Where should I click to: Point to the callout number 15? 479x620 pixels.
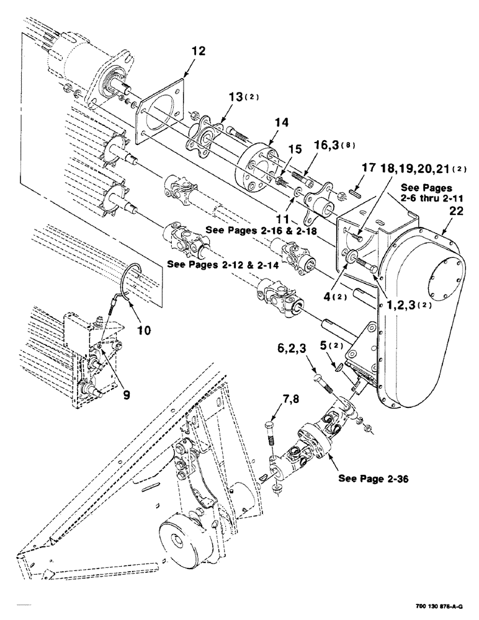click(295, 149)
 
